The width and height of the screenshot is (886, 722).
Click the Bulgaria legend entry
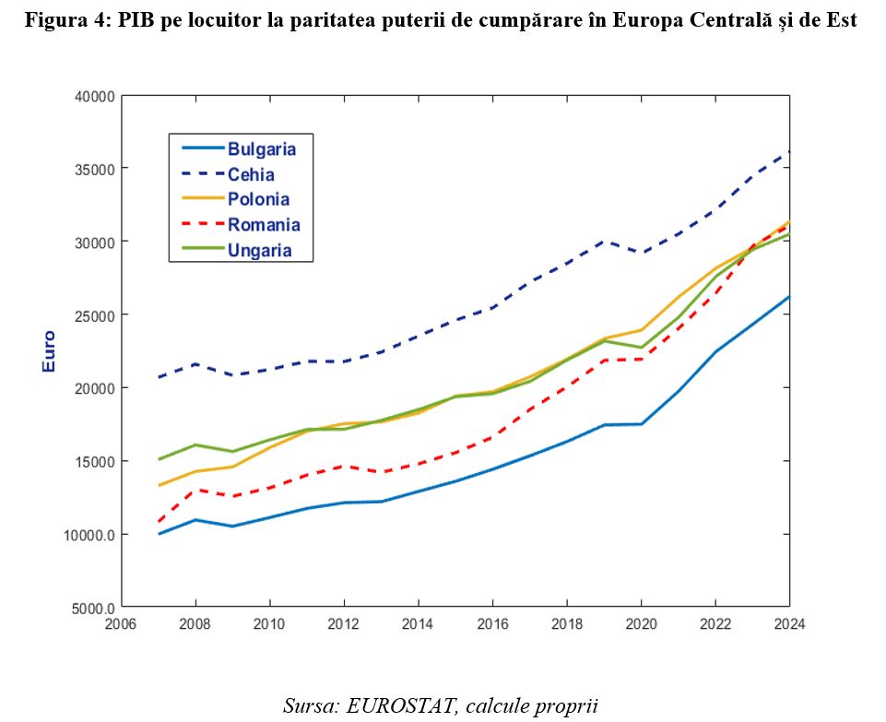[262, 148]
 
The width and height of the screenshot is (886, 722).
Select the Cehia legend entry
[251, 174]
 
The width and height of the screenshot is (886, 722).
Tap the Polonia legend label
[258, 199]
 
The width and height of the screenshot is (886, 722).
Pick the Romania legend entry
[264, 224]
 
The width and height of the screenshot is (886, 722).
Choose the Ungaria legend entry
[260, 250]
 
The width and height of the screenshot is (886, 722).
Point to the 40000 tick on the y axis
[93, 96]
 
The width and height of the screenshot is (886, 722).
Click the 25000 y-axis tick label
[93, 315]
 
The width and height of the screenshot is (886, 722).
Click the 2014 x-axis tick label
[418, 624]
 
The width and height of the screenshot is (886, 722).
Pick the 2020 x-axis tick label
[641, 624]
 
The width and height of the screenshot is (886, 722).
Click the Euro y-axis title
[50, 351]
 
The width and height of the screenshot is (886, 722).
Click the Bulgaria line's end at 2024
[789, 297]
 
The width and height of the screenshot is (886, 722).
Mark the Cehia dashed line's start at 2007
[158, 377]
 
